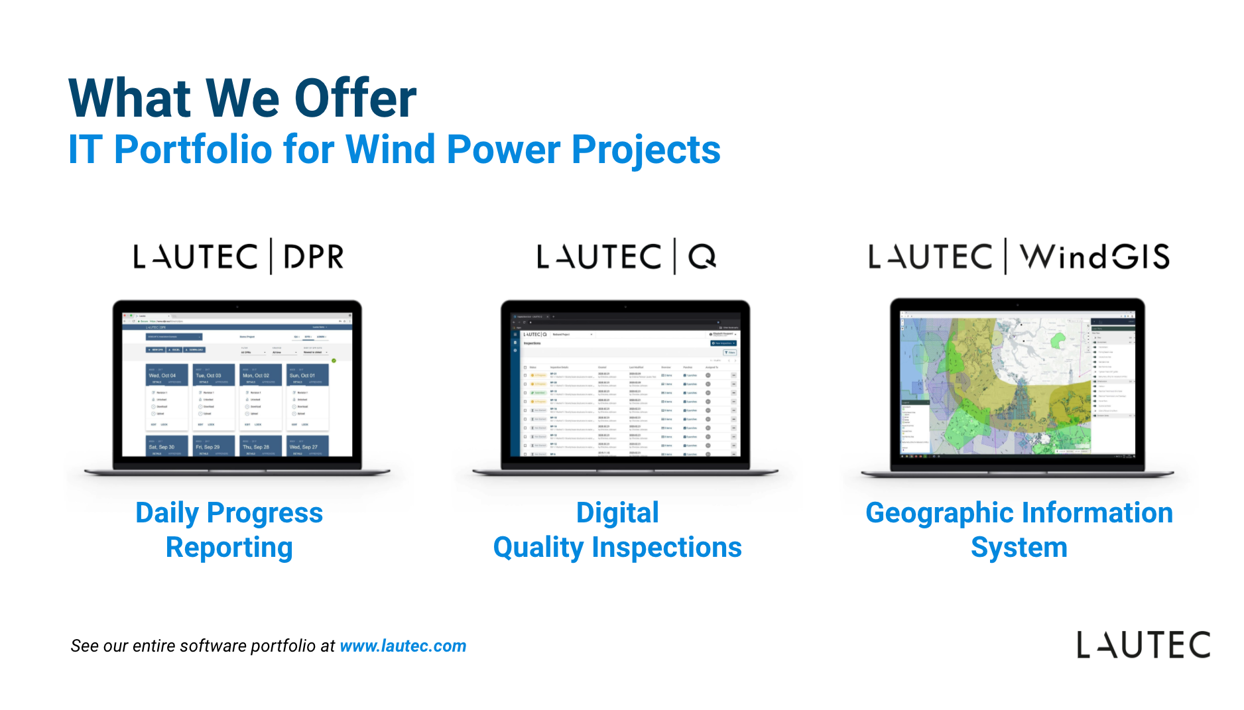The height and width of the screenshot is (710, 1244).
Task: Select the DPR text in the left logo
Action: coord(314,257)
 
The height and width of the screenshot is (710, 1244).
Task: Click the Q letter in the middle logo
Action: coord(702,257)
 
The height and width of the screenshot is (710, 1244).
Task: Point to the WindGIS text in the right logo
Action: coord(1095,257)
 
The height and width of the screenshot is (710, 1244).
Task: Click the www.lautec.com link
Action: coord(403,646)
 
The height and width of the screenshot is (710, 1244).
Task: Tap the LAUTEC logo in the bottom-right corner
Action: coord(1143,645)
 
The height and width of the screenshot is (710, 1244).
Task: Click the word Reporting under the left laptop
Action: coord(229,548)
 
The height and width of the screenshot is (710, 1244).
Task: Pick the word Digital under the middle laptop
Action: coord(617,512)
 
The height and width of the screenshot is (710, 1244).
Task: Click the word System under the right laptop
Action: coord(1019,548)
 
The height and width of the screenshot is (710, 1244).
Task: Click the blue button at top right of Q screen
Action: coord(723,343)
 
